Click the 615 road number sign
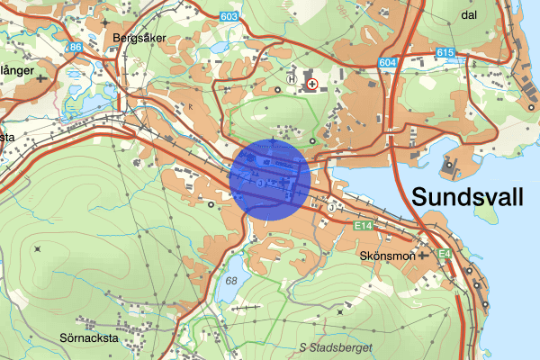[x=445, y=53]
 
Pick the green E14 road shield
[x=363, y=224]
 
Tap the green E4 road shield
[x=445, y=255]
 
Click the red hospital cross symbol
[x=312, y=84]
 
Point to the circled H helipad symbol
[x=291, y=79]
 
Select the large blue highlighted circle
[x=272, y=177]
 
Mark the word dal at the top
[x=467, y=14]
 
